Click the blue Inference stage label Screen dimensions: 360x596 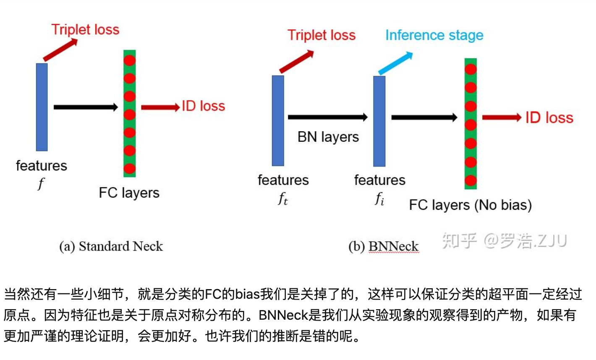tap(434, 35)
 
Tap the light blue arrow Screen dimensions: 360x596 tap(395, 64)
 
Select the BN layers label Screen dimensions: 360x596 tap(328, 137)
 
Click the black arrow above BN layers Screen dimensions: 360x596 tap(327, 117)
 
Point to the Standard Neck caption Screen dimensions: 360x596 tap(111, 246)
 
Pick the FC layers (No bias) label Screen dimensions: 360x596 tap(470, 205)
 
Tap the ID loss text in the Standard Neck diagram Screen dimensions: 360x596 tap(203, 106)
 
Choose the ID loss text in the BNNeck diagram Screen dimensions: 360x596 tap(549, 118)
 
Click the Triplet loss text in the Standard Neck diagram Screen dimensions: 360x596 tap(85, 30)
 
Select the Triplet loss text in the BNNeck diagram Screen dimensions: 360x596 tap(322, 35)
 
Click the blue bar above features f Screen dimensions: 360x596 tap(42, 107)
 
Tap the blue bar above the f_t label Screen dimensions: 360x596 tap(278, 121)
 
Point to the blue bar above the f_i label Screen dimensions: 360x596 tap(379, 121)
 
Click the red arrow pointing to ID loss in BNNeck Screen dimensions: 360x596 tap(502, 118)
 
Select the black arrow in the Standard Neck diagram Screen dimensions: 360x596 tap(86, 107)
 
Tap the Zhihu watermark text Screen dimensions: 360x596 tap(504, 241)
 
